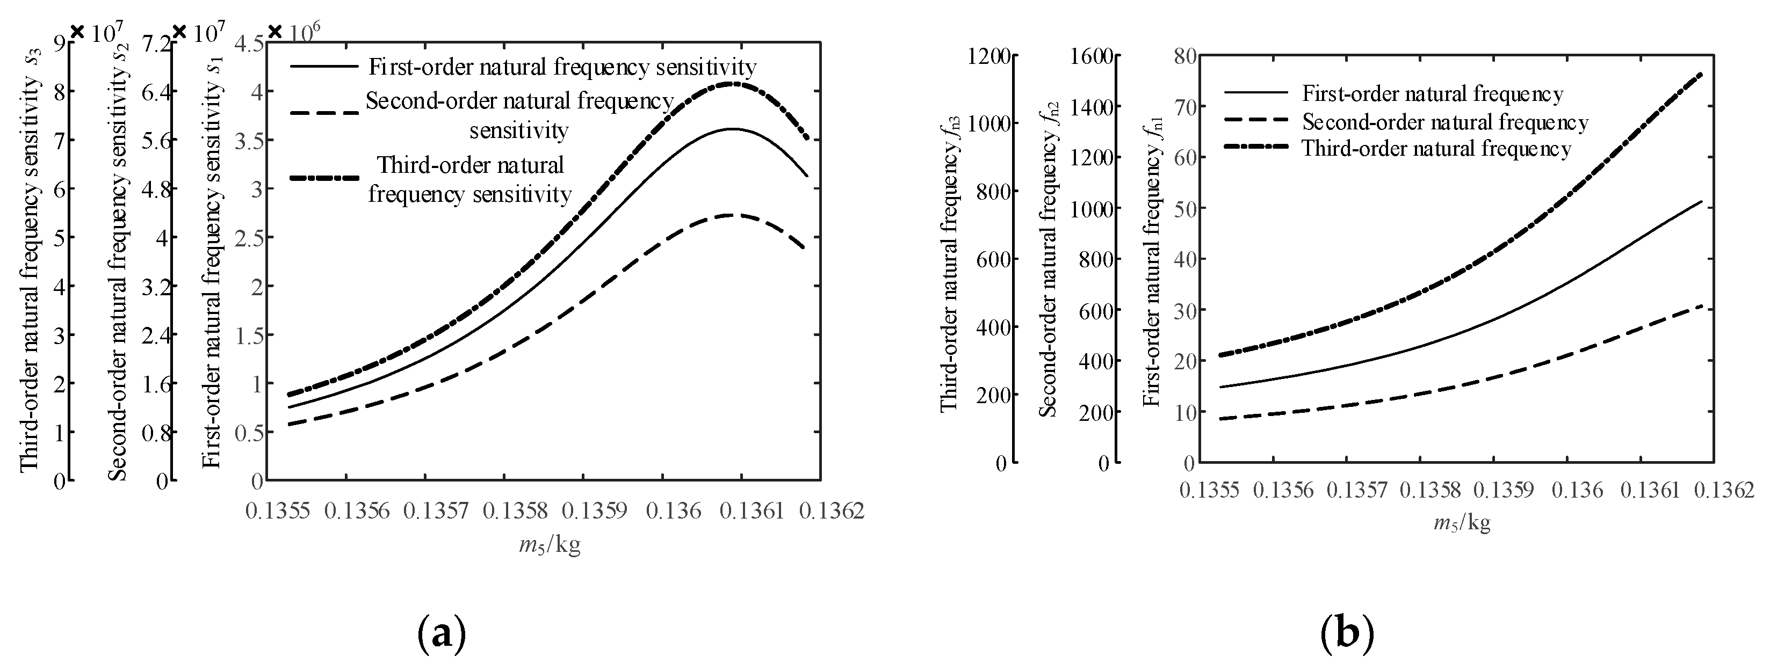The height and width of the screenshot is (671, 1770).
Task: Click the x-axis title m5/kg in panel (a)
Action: [550, 546]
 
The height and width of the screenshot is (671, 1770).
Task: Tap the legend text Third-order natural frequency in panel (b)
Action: [1436, 149]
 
